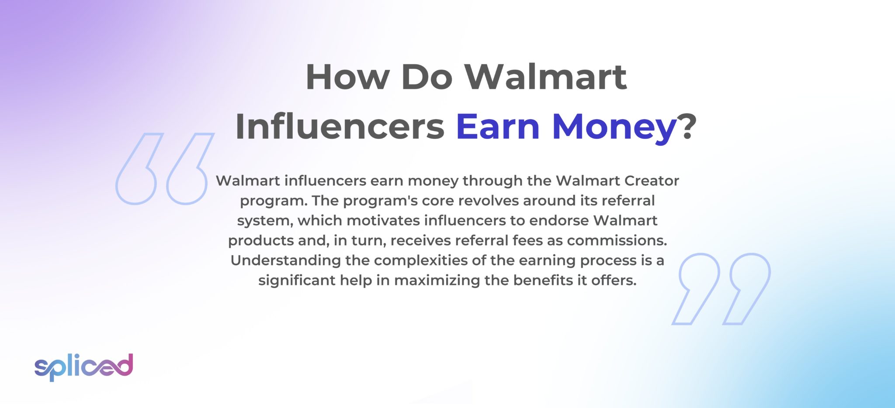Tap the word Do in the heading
426,77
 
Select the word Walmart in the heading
545,77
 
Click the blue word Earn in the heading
498,127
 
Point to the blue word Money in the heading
614,127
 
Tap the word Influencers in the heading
340,127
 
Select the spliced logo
83,367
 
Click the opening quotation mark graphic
164,169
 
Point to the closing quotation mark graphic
721,288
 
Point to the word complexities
420,261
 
